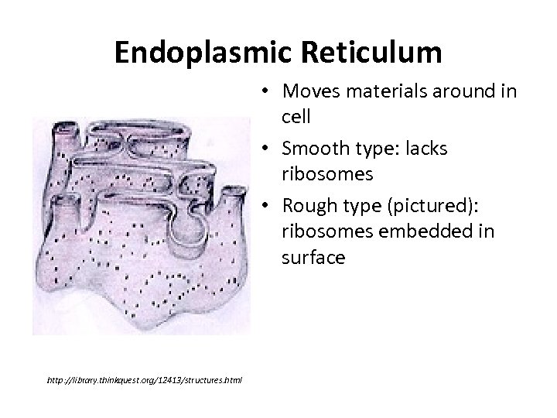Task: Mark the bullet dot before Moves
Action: click(x=264, y=91)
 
